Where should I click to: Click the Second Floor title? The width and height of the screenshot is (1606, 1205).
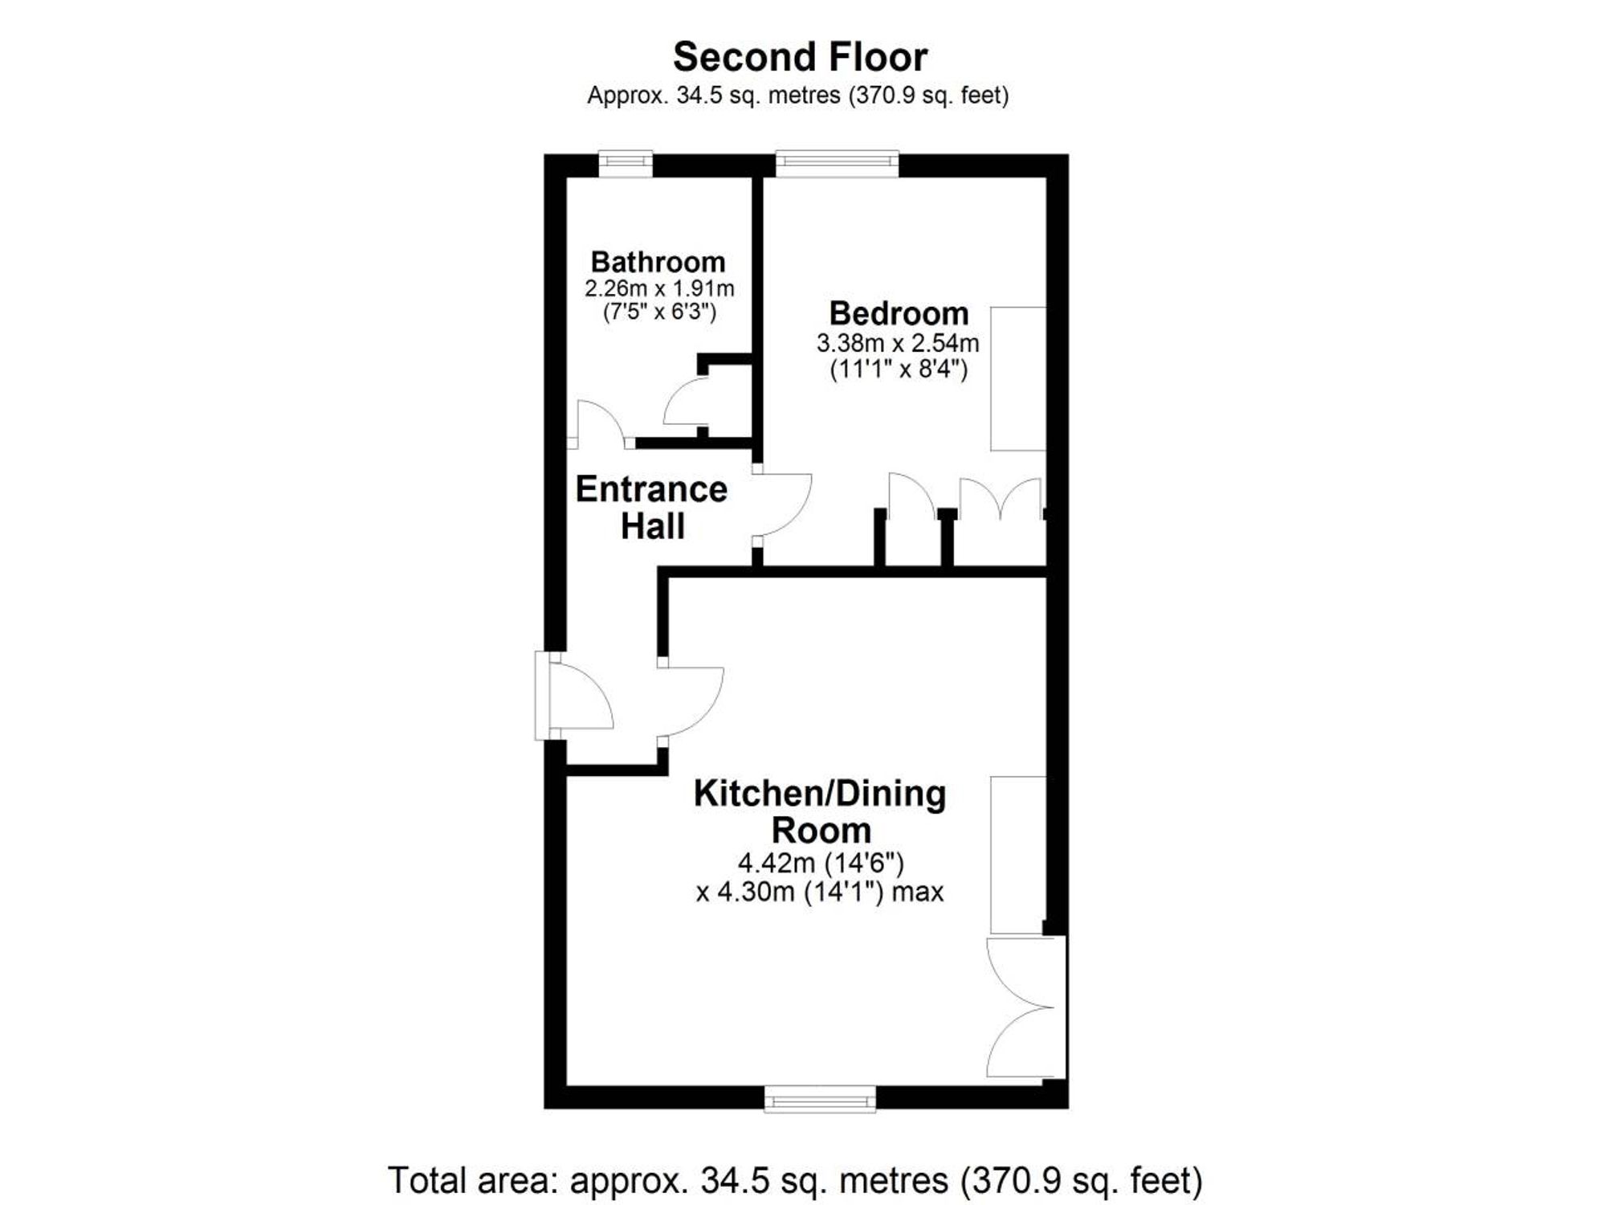[x=800, y=57]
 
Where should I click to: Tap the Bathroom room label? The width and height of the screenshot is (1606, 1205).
[x=658, y=262]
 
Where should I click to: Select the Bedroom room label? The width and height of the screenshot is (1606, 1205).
[x=899, y=312]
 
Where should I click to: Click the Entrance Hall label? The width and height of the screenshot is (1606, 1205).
[x=651, y=508]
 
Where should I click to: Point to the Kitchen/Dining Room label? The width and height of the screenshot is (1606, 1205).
[x=820, y=811]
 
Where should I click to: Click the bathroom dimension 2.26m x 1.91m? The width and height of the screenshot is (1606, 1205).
[x=659, y=288]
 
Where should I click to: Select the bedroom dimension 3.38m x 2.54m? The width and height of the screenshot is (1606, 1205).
[x=898, y=343]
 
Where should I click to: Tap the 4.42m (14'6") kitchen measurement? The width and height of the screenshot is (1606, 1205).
[x=821, y=864]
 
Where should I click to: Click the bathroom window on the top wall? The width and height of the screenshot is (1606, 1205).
[x=626, y=164]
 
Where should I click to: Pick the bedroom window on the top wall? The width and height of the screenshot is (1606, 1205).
[x=837, y=164]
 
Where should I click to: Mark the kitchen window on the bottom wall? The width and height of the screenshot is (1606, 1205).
[x=820, y=1098]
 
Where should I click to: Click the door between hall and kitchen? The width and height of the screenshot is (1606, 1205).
[x=691, y=701]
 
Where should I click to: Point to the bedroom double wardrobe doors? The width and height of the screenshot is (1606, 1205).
[x=1001, y=499]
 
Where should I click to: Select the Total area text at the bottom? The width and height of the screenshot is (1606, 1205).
[x=795, y=1180]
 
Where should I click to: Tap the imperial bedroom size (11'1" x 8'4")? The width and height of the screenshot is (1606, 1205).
[x=899, y=370]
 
